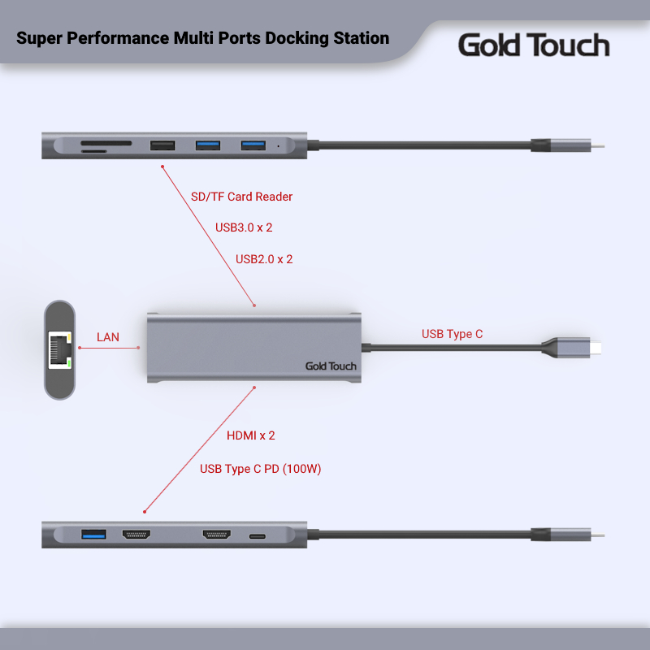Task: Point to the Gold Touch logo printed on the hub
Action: tap(331, 366)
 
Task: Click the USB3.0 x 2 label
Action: tap(244, 227)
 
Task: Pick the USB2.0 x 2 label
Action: tap(264, 259)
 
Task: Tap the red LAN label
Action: tap(108, 336)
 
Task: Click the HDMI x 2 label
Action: tap(251, 435)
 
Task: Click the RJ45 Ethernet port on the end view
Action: tap(59, 350)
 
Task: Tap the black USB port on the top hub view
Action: tap(162, 146)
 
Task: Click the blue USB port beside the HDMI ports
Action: tap(93, 535)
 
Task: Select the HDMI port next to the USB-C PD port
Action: tap(217, 535)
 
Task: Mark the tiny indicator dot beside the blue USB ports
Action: tap(279, 147)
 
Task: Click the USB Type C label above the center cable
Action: tap(453, 334)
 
